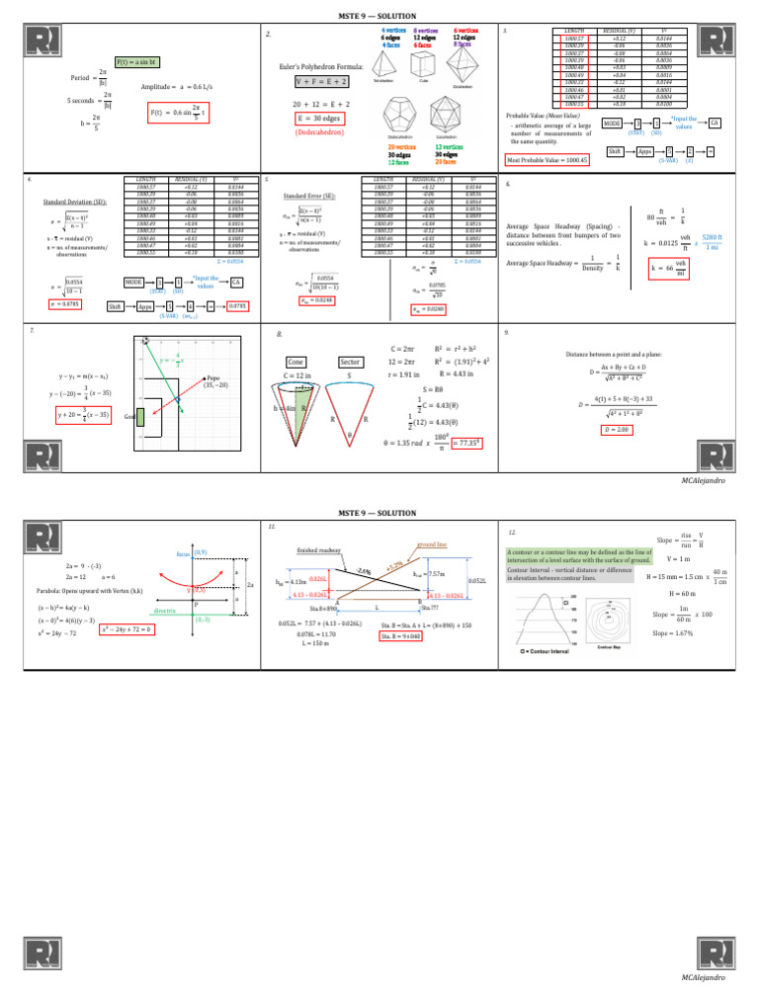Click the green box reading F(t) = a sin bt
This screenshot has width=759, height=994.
(x=136, y=61)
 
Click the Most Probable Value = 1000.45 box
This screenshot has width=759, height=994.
(x=548, y=159)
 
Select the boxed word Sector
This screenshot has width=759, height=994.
(x=349, y=362)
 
